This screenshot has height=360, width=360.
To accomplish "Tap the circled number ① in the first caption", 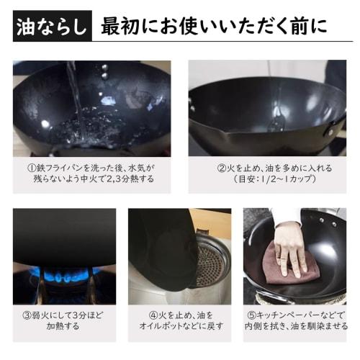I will [32, 168].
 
